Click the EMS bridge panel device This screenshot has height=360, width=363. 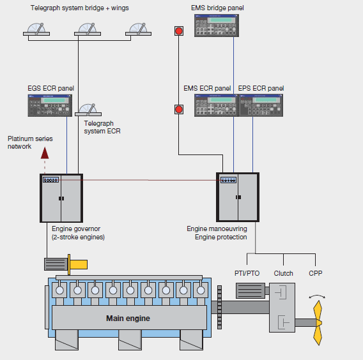217,26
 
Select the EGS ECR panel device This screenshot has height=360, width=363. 50,105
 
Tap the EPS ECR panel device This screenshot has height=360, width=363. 261,105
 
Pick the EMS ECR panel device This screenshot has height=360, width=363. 217,105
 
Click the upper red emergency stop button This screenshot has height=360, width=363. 179,31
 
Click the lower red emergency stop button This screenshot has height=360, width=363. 179,109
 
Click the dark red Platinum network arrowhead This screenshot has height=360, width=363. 45,153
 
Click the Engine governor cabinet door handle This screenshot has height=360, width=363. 61,199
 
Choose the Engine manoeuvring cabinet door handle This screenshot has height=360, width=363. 238,197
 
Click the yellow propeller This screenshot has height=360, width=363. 318,323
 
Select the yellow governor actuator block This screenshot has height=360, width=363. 78,264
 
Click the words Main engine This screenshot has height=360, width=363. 128,319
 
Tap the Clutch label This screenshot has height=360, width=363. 283,273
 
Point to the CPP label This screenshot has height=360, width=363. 315,273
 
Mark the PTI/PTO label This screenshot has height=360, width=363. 247,273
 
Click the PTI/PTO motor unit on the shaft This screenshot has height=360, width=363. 251,290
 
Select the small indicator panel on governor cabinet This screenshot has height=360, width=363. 50,179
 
